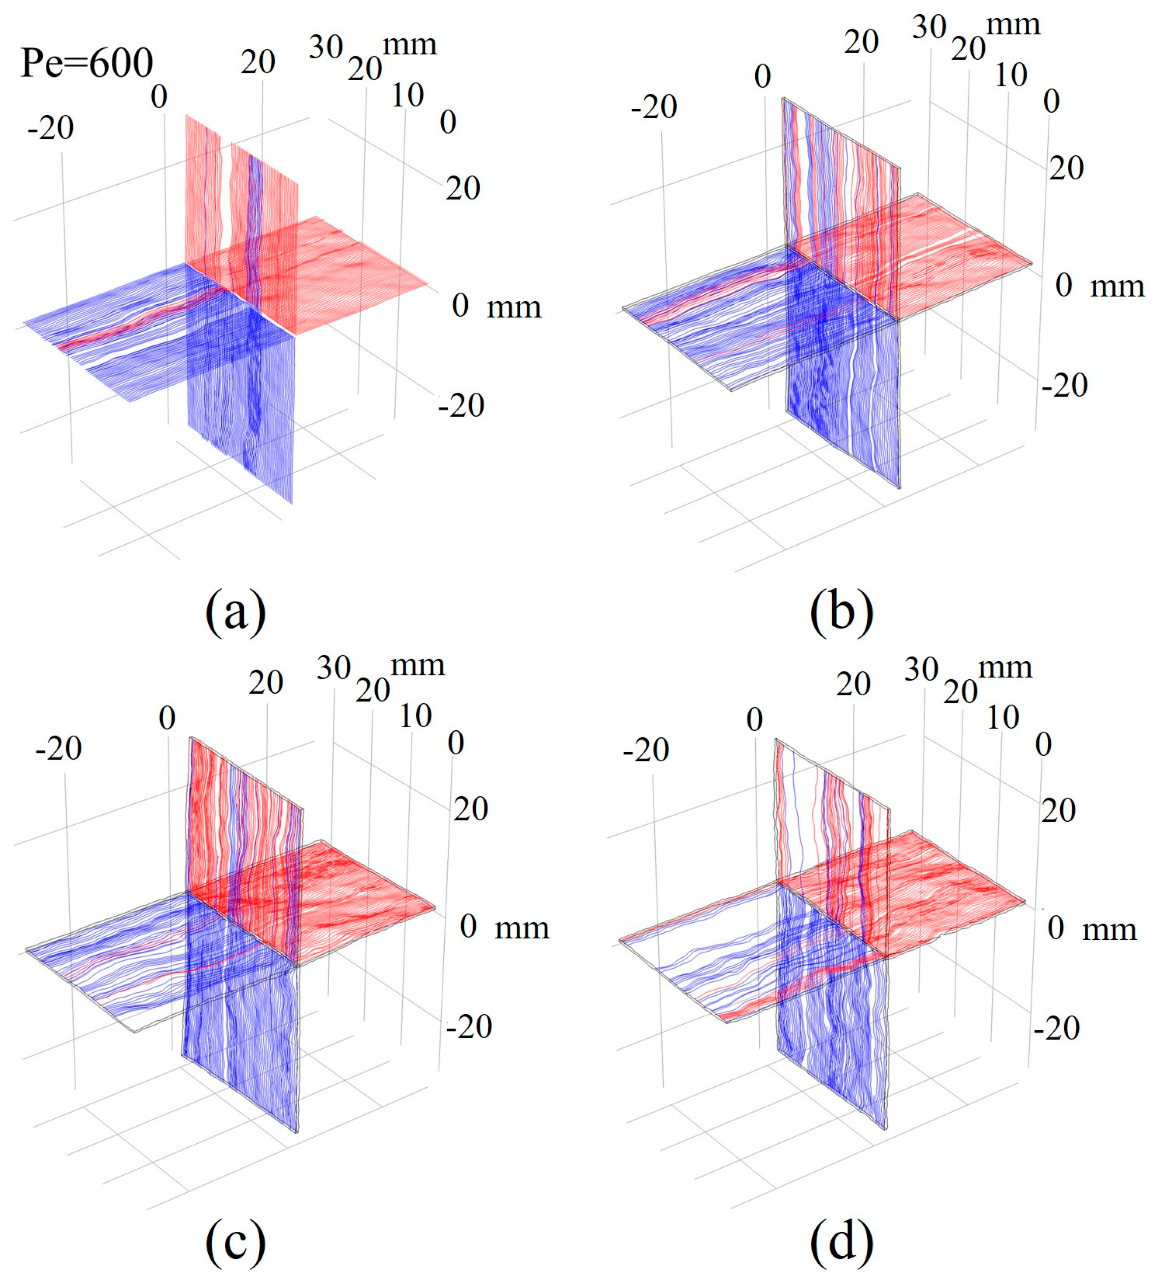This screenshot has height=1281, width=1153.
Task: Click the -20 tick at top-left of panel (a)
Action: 50,129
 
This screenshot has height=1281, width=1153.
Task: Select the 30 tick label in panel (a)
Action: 326,47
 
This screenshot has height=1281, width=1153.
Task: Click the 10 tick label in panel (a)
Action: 407,96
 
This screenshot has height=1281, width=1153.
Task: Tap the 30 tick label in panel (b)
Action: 929,27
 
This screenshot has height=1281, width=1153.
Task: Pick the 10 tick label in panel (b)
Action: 1011,76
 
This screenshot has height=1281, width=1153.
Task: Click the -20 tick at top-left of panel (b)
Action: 654,107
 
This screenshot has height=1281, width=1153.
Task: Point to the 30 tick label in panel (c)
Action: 334,668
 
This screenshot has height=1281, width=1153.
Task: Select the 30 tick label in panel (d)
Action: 921,670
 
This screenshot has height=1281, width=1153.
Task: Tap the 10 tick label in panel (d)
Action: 1003,719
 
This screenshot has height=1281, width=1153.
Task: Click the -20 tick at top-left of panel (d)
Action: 646,751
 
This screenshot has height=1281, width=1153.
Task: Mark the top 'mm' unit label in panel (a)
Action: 410,46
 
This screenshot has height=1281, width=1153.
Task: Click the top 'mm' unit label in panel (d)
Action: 1005,668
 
